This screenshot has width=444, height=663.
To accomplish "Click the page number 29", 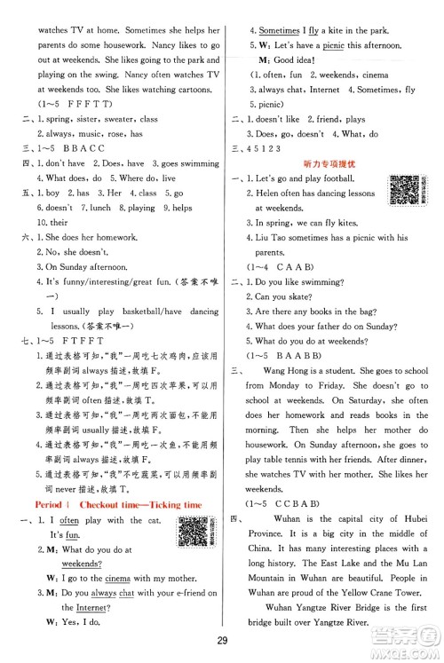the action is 221,641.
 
